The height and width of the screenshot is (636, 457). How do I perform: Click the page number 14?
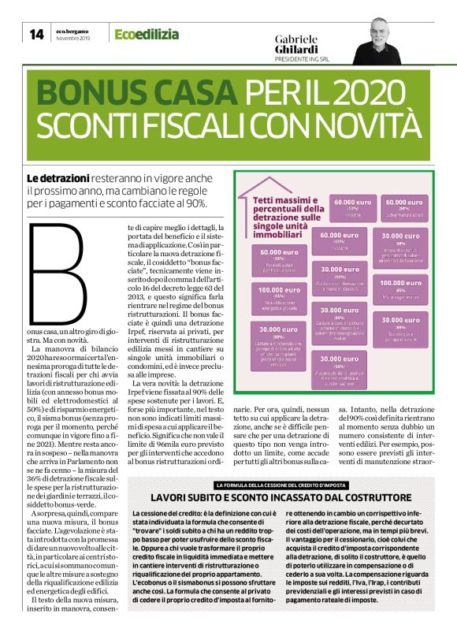tap(36, 34)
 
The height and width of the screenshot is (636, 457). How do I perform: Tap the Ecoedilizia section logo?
tap(147, 34)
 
